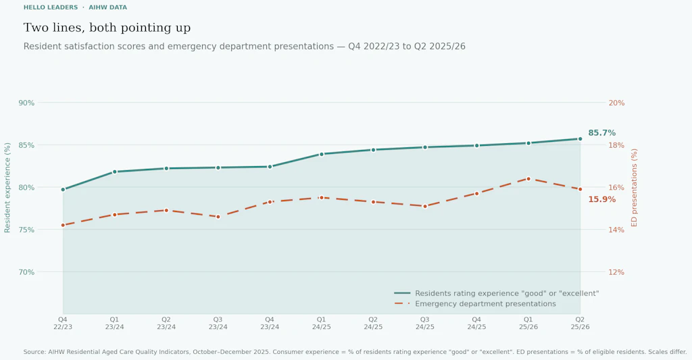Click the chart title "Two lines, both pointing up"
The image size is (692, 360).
click(107, 28)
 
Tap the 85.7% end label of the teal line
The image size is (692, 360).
click(601, 133)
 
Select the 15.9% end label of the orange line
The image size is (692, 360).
click(601, 199)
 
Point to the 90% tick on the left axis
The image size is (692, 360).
click(26, 103)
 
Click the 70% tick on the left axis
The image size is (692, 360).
click(26, 272)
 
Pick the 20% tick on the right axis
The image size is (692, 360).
click(616, 103)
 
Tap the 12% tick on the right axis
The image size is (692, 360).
click(616, 272)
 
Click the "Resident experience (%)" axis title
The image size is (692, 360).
click(8, 187)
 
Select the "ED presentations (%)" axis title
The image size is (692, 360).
click(635, 187)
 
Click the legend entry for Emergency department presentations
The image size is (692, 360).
click(485, 304)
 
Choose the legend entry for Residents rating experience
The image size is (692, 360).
click(506, 293)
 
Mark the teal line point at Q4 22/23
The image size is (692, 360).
click(63, 190)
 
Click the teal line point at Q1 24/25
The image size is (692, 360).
click(322, 154)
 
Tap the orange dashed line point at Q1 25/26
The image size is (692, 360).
click(528, 179)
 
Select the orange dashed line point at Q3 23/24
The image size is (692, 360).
click(218, 217)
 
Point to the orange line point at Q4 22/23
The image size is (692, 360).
click(63, 225)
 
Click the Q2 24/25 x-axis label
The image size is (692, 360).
click(373, 323)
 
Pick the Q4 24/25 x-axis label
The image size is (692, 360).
click(476, 323)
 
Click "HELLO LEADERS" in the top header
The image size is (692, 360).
click(51, 7)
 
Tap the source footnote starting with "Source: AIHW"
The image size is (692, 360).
click(355, 352)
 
